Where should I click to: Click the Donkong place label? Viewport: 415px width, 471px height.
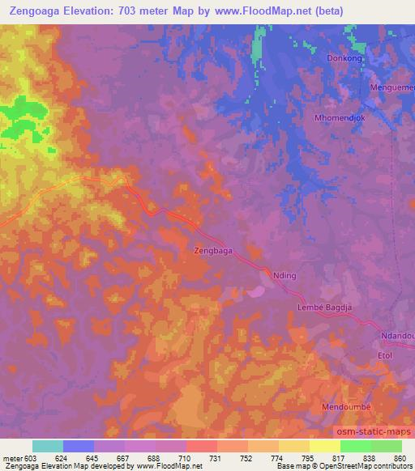tap(344, 59)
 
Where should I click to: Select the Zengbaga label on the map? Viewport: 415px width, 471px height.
tap(214, 251)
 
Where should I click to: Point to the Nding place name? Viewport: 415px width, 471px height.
tap(287, 275)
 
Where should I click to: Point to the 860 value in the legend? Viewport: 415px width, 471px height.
tap(400, 458)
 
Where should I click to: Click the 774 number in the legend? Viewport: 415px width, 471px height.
tap(276, 458)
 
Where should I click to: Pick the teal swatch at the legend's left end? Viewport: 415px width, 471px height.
tap(47, 446)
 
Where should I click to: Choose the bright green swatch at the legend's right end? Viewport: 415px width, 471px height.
tap(387, 446)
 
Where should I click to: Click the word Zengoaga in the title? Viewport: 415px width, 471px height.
tap(38, 11)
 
